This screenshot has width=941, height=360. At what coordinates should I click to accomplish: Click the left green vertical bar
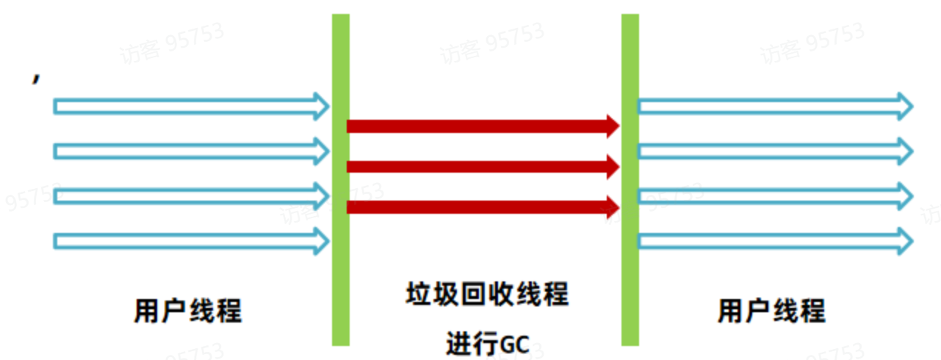340,179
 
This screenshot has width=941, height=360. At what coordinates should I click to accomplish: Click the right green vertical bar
630,179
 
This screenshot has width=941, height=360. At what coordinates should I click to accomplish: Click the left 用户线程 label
188,311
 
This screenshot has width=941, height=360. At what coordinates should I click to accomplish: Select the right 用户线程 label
771,311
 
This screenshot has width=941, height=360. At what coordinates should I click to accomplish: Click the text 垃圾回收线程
487,295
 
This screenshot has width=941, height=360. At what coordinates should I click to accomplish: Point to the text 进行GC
487,343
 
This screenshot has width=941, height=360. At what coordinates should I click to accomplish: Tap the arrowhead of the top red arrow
612,126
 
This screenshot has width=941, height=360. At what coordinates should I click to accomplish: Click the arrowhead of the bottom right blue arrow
904,240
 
